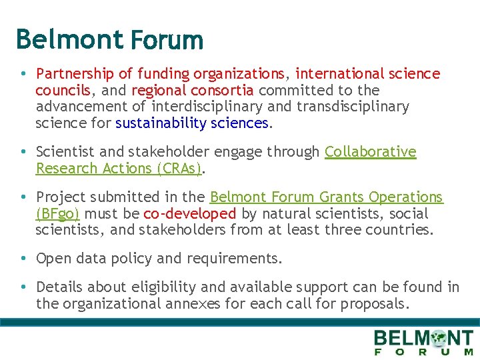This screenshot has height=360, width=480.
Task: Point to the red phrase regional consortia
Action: click(192, 90)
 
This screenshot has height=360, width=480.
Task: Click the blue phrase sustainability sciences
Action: click(191, 123)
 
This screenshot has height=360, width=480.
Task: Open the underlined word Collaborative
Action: click(370, 152)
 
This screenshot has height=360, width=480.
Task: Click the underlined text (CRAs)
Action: click(179, 168)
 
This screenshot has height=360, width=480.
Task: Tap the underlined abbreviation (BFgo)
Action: click(57, 214)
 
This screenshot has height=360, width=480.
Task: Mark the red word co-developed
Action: click(189, 214)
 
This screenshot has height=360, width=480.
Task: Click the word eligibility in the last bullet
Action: click(163, 287)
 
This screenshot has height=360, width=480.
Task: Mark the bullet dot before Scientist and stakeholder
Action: click(23, 152)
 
